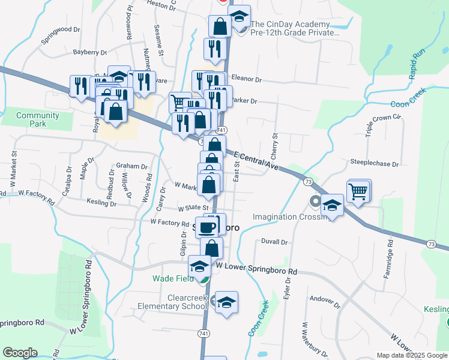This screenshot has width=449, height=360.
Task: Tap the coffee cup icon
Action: click(208, 227)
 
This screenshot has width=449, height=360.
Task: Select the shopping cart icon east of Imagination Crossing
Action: click(358, 192)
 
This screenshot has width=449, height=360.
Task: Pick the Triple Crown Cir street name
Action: click(383, 125)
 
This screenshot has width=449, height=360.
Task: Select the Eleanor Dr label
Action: click(246, 79)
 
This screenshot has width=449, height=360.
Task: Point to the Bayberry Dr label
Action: click(89, 52)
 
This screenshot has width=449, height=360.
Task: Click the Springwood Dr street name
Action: click(61, 37)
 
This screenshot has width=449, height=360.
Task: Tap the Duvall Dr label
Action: click(274, 242)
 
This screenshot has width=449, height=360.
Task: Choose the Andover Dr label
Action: click(325, 298)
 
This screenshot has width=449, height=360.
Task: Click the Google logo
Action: click(20, 353)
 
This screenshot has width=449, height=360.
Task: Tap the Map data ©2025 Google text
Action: click(411, 355)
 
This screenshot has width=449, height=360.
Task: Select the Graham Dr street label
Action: click(131, 166)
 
